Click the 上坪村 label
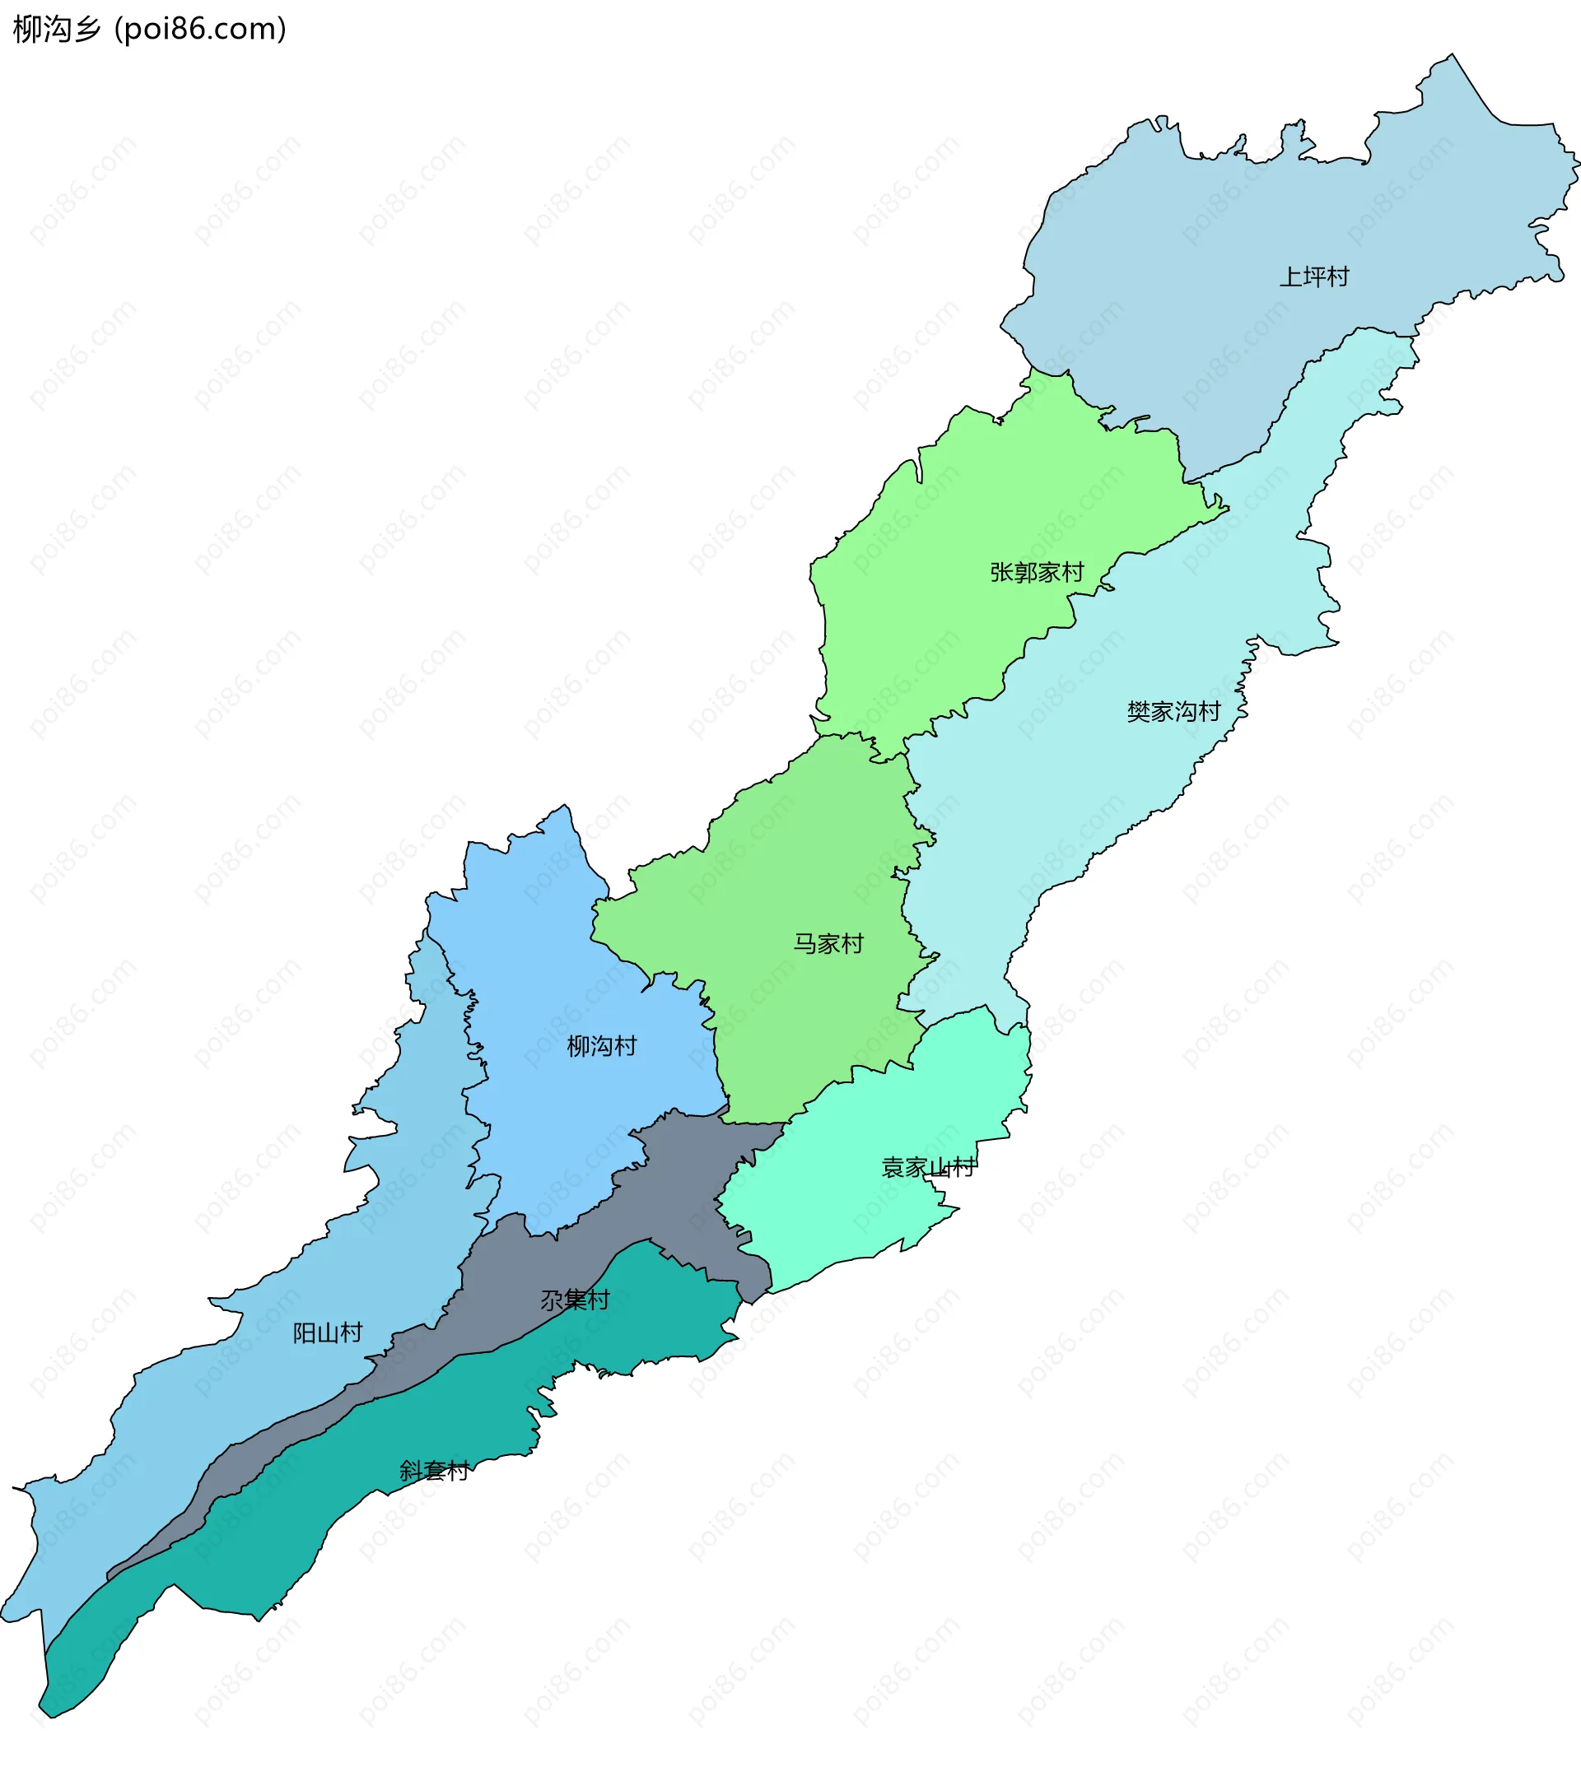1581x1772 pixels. click(1313, 277)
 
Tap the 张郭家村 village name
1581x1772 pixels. click(1037, 572)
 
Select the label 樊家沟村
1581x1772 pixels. click(1173, 712)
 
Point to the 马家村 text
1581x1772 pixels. click(828, 944)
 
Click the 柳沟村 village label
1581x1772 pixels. click(601, 1046)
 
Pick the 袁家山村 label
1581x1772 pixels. click(928, 1168)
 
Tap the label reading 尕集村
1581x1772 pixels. click(575, 1300)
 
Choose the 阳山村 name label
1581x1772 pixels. click(327, 1332)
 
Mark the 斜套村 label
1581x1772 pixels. click(433, 1471)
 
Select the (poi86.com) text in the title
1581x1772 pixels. click(200, 30)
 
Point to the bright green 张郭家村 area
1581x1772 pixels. click(955, 504)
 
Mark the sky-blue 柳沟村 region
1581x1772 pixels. click(556, 955)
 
